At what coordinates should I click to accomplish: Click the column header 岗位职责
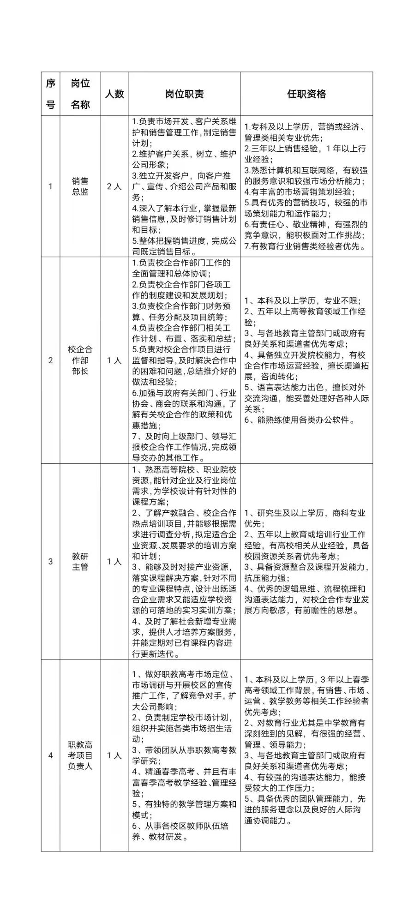(184, 94)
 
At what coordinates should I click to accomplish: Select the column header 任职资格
(306, 94)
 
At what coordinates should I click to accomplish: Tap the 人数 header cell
(114, 94)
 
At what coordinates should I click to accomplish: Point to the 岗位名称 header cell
(80, 94)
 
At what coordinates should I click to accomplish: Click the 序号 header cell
(50, 94)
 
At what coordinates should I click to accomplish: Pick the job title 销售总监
(80, 186)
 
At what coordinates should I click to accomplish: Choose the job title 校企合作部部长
(80, 360)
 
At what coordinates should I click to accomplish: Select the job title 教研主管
(80, 561)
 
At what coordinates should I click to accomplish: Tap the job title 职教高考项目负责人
(80, 755)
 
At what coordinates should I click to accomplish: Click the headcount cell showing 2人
(114, 186)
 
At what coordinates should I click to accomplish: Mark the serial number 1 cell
(50, 186)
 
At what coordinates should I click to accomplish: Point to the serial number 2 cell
(50, 360)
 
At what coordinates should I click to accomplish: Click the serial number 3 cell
(50, 561)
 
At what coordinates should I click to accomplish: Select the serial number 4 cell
(50, 755)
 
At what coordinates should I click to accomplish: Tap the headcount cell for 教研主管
(114, 561)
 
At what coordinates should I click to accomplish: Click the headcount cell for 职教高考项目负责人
(114, 755)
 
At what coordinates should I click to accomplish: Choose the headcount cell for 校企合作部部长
(114, 360)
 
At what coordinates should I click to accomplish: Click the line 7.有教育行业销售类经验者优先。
(306, 246)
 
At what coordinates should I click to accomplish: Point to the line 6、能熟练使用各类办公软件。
(300, 420)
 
